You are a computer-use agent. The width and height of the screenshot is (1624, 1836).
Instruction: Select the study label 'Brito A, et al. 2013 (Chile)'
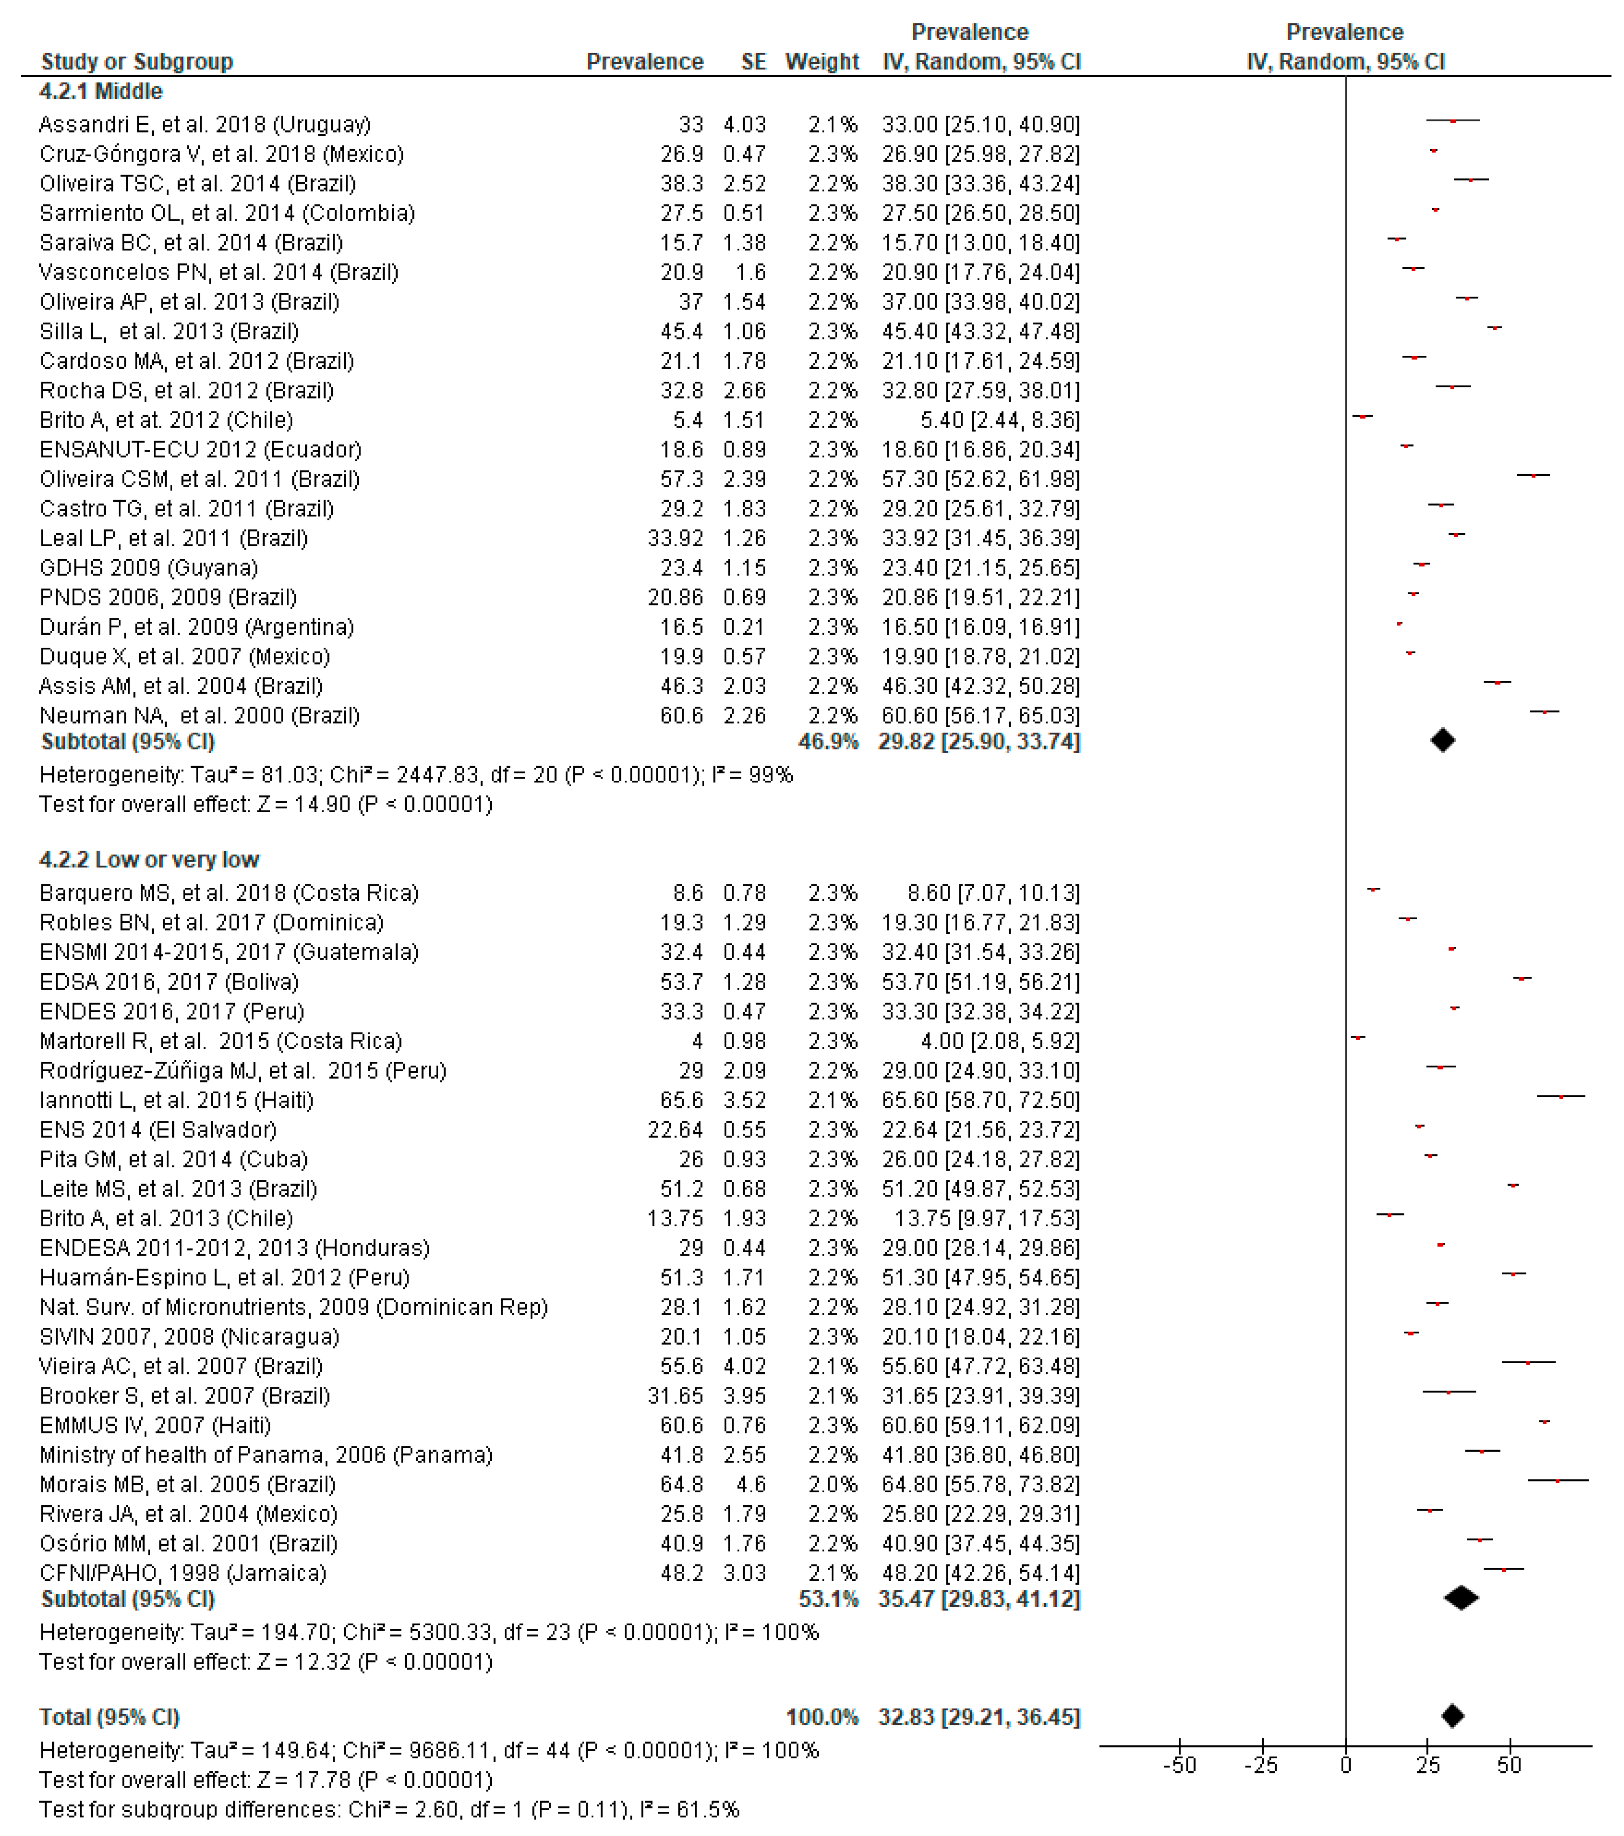point(166,1219)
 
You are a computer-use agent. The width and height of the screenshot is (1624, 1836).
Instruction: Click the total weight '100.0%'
point(822,1717)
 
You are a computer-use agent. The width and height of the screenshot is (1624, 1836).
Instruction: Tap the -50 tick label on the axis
point(1179,1766)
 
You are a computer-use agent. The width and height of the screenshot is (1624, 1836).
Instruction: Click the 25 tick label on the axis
point(1428,1766)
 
